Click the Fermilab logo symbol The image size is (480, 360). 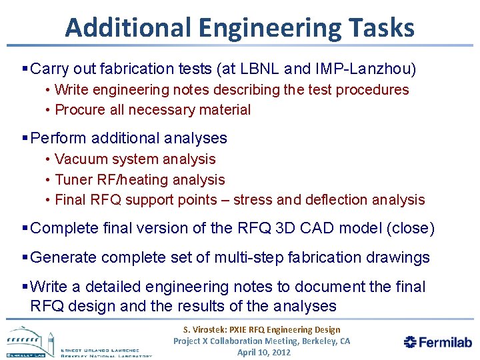(411, 342)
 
